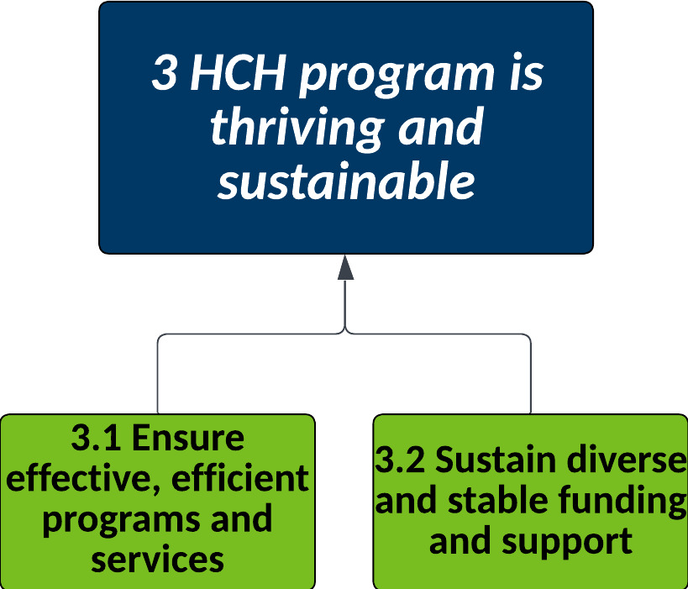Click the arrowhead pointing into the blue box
(x=346, y=267)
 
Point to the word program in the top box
(x=397, y=76)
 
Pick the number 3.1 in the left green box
(x=96, y=438)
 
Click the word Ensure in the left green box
(x=188, y=438)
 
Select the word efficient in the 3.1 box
(x=240, y=477)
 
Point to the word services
(x=158, y=560)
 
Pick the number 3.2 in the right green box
(x=400, y=460)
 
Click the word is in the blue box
(x=527, y=73)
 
